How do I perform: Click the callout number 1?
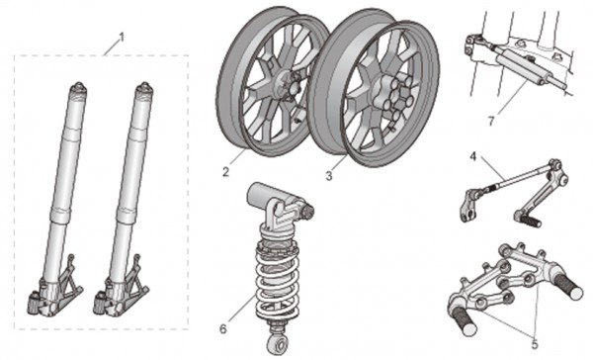[x=122, y=38]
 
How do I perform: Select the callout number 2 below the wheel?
[x=225, y=172]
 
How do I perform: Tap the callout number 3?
[x=329, y=176]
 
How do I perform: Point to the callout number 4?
[x=473, y=156]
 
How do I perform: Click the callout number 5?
[x=535, y=344]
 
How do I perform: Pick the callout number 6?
[x=223, y=329]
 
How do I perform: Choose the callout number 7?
[x=491, y=121]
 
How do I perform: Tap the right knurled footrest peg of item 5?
[x=570, y=286]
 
